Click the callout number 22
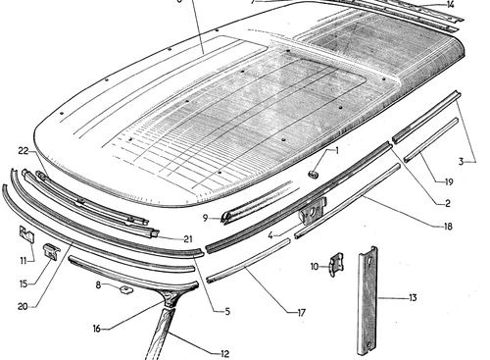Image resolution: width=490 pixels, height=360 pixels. coord(24,151)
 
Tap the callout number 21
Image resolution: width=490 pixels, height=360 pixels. coord(188,239)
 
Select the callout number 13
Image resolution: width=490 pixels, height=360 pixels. coord(413,298)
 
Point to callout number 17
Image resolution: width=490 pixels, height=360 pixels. coord(302,313)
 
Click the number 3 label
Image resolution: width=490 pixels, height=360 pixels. coord(461,162)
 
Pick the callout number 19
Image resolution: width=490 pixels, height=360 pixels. coord(450,182)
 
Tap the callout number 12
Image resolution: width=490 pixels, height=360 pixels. coord(224,354)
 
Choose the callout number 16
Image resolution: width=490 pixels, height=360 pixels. coord(97,329)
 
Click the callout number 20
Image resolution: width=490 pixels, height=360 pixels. coord(23,307)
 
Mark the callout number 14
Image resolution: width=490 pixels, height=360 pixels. coord(451,5)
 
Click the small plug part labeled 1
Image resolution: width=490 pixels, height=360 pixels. coord(314,174)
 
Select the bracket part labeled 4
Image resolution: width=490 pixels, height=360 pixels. coord(313,211)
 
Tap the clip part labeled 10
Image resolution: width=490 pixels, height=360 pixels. coord(336,265)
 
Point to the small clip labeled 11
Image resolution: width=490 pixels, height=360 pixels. coord(27,234)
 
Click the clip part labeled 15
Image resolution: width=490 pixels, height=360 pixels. coord(52,251)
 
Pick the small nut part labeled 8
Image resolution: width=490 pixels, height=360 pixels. coord(125,289)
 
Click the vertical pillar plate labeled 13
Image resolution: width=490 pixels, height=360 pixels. coord(367,300)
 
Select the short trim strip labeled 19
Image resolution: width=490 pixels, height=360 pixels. coord(431,140)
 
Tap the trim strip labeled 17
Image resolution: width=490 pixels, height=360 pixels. coord(248,261)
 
